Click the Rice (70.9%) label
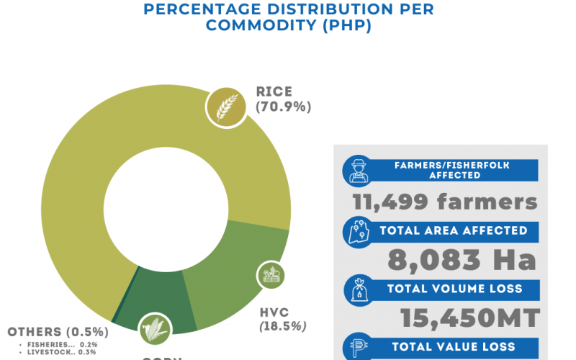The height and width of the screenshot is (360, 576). coord(283,99)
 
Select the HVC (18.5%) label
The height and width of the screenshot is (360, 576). coord(283,319)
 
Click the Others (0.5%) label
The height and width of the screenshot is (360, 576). coord(58,332)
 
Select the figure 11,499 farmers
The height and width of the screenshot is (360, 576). coord(445,202)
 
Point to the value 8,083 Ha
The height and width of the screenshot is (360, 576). coord(462,260)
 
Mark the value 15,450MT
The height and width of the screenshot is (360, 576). coord(469,318)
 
